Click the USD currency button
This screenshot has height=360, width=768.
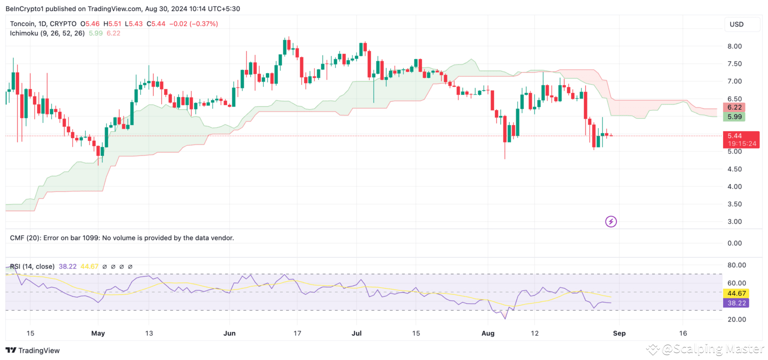736,24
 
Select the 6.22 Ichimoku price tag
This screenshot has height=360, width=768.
734,107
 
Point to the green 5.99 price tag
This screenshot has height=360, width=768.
734,116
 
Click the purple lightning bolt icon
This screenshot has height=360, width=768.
610,221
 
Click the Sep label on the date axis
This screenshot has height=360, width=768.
619,332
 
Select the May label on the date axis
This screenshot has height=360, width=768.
98,332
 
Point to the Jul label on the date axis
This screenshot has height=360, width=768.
356,332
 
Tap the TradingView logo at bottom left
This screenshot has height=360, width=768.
32,350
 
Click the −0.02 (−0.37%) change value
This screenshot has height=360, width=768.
193,23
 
